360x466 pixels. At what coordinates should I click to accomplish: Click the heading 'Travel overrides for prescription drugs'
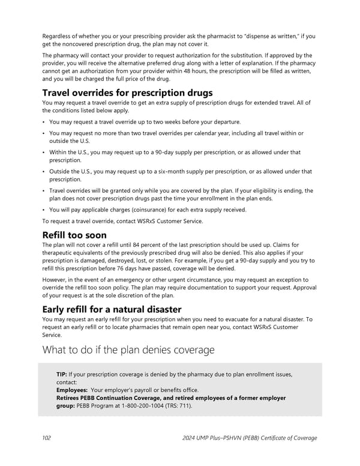(127, 93)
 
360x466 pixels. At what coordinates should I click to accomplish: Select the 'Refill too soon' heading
(74, 235)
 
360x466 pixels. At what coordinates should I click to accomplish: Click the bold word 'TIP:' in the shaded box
(62, 374)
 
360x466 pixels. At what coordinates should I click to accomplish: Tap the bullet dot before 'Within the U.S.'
(44, 152)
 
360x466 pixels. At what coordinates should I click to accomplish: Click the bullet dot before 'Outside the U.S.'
(44, 171)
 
